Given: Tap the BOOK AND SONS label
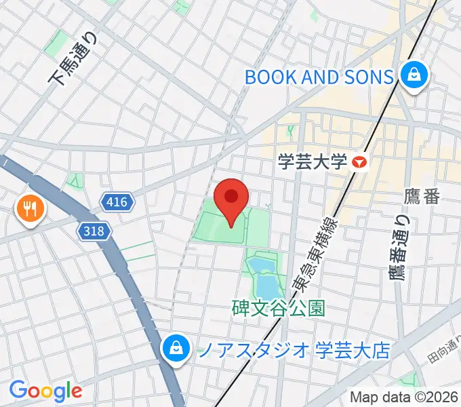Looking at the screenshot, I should click(x=319, y=77).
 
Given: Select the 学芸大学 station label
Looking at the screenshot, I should click(x=313, y=162).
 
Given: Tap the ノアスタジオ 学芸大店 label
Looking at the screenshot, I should click(x=294, y=350).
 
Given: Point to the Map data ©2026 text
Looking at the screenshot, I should click(x=403, y=398).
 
